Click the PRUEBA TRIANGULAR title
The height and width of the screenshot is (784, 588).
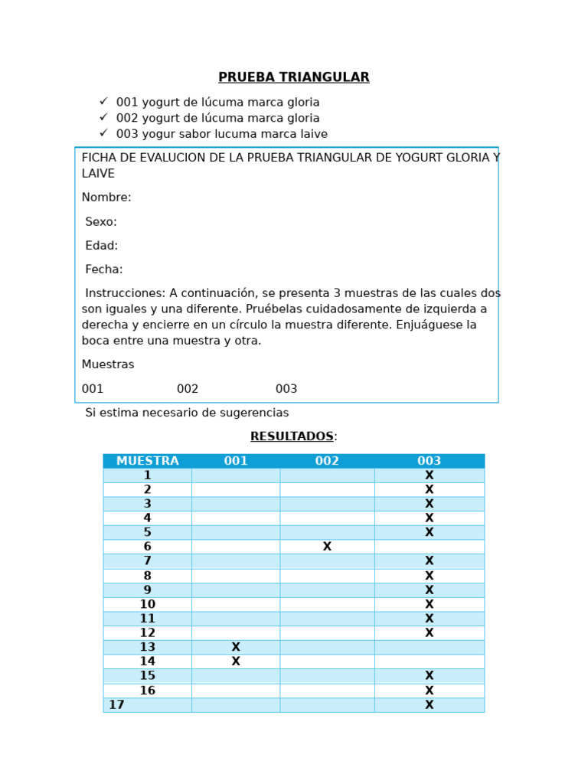[293, 77]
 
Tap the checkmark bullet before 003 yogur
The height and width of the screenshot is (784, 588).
[103, 133]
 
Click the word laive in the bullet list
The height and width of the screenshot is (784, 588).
[312, 134]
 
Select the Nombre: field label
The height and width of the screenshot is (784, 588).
[106, 198]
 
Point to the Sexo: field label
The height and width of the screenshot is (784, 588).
[101, 222]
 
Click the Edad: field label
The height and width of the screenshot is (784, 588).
[102, 246]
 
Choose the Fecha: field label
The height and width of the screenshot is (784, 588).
[104, 269]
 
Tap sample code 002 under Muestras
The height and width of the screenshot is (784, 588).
[188, 389]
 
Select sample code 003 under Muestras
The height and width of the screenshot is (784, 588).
[286, 389]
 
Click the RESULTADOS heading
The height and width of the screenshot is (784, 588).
[292, 436]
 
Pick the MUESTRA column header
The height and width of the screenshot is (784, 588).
[147, 461]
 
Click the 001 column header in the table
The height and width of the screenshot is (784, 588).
[236, 461]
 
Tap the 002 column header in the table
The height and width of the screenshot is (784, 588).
[327, 461]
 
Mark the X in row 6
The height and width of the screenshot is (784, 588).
[327, 547]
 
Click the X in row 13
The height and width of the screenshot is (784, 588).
[236, 647]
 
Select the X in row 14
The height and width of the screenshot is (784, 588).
[236, 661]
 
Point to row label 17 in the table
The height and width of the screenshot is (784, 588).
[116, 705]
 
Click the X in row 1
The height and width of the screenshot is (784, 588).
[429, 475]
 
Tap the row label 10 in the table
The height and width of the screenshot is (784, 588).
[147, 604]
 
